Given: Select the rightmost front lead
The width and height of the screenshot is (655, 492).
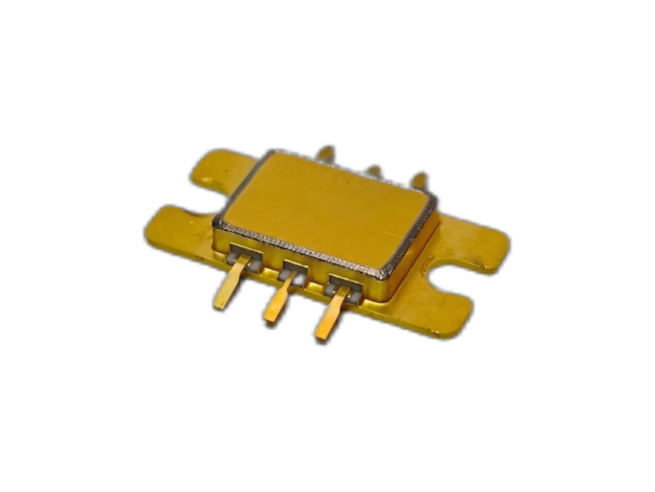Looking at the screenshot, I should [x=331, y=317].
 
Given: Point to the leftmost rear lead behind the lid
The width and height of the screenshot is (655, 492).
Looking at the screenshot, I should [x=326, y=154].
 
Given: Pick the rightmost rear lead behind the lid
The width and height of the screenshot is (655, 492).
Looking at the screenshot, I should [x=419, y=180].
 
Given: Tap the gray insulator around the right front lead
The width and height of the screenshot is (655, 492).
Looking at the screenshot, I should [x=343, y=288].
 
